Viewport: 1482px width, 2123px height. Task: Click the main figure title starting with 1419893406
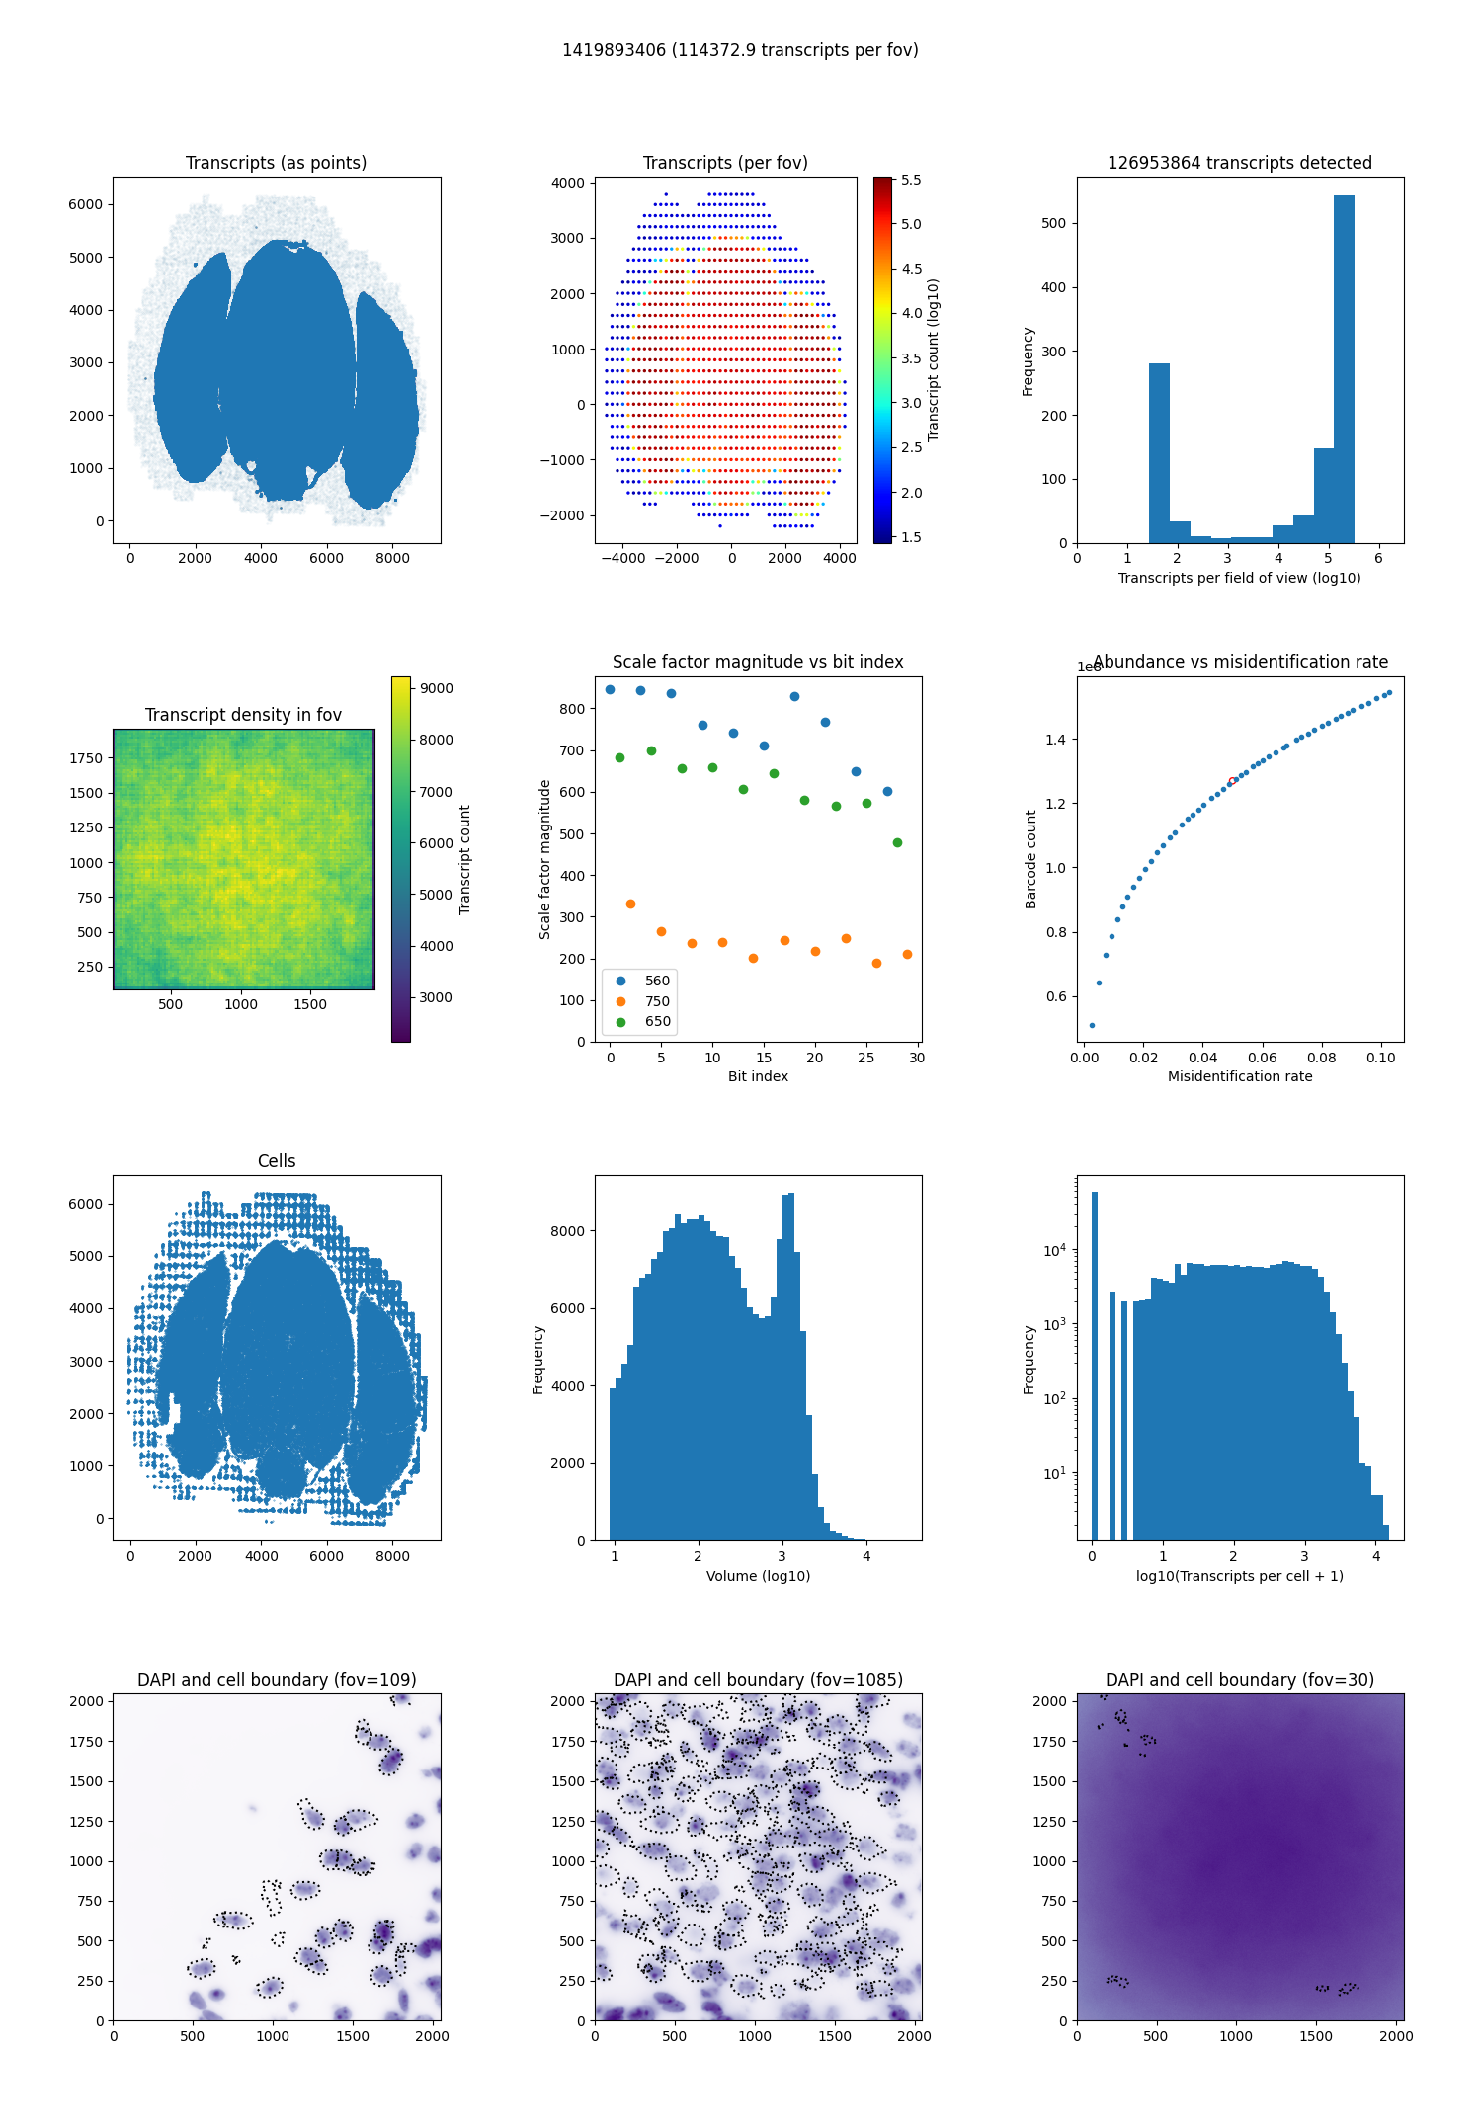pos(740,50)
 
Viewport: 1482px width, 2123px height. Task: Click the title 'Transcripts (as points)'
pos(276,163)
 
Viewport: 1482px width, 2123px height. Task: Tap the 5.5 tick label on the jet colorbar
pos(911,180)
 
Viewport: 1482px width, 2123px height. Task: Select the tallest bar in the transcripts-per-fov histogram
pos(1344,368)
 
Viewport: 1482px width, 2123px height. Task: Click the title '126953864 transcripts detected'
pos(1240,163)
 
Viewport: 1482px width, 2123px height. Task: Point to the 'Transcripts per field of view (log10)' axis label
pos(1240,578)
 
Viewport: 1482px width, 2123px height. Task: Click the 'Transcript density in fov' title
pos(243,715)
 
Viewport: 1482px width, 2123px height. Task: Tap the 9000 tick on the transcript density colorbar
pos(437,688)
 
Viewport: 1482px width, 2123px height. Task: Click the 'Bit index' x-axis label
pos(758,1076)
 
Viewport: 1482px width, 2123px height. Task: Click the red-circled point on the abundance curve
pos(1232,781)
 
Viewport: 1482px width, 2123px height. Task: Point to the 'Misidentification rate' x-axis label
pos(1240,1076)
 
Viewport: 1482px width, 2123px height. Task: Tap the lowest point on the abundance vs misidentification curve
pos(1092,1025)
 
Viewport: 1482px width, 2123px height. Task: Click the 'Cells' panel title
pos(277,1161)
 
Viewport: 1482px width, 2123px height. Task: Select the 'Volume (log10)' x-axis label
pos(758,1576)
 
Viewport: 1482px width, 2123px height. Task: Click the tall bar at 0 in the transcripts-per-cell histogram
pos(1095,1366)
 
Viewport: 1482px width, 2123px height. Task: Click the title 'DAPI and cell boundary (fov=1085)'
pos(758,1680)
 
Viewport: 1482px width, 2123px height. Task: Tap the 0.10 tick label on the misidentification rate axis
pos(1381,1058)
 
